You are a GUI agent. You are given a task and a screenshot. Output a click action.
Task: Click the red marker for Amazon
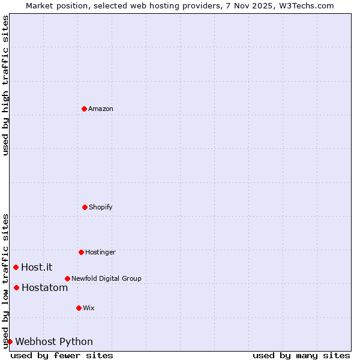84,109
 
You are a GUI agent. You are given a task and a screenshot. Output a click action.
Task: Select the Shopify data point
85,207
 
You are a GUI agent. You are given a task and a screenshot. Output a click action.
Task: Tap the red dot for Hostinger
81,252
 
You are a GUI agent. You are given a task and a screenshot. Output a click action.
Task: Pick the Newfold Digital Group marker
67,278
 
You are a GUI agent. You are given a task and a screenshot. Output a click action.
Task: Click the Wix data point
79,308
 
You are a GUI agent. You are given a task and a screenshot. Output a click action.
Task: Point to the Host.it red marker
16,267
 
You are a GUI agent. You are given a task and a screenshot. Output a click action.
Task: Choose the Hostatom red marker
16,287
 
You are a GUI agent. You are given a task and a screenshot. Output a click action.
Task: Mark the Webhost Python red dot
10,341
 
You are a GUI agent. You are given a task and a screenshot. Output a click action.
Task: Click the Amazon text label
101,109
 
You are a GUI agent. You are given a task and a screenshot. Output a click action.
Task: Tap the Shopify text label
101,207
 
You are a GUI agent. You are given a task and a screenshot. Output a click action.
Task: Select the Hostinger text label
100,252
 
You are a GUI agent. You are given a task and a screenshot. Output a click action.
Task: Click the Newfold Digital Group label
106,278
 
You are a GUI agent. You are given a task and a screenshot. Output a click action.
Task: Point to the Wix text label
89,308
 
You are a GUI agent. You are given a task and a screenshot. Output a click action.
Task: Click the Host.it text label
37,267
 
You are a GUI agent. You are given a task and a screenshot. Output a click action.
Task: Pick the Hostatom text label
44,287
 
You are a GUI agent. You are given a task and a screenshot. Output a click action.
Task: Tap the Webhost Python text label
54,341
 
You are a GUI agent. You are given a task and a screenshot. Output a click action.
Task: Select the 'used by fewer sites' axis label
62,355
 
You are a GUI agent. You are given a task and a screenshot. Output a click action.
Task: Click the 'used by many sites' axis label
301,355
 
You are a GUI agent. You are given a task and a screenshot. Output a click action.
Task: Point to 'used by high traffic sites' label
5,85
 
